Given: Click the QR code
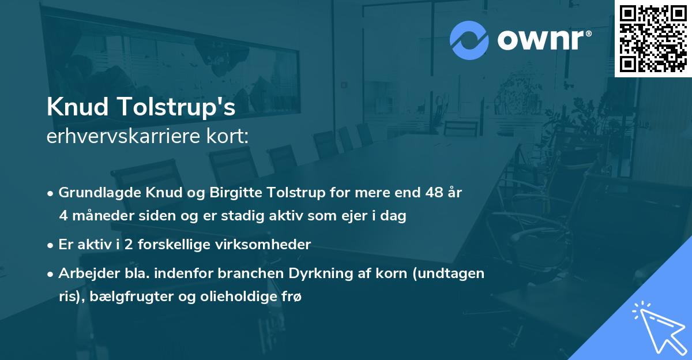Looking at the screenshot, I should (653, 39).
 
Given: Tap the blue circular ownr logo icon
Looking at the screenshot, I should (469, 40).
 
